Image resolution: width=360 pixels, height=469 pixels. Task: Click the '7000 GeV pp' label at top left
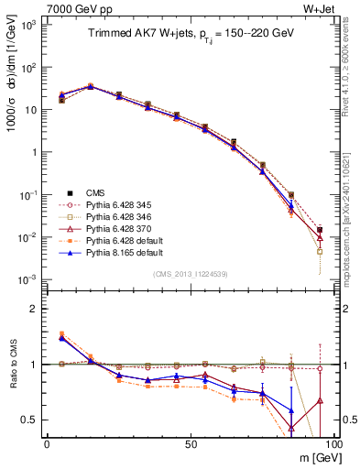[x=71, y=8]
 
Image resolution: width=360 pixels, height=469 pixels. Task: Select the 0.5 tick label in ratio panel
[x=32, y=420]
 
